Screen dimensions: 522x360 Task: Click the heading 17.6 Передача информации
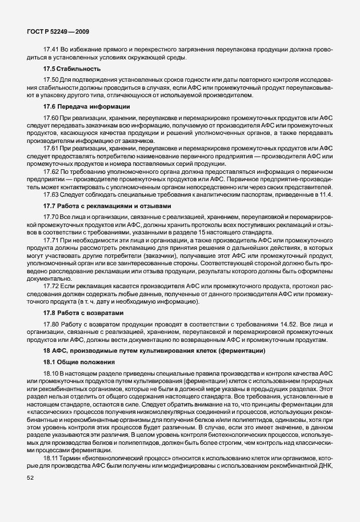click(81, 107)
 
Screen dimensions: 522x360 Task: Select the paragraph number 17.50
click(51, 80)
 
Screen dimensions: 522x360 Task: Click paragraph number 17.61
click(51, 148)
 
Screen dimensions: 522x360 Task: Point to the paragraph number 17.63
click(51, 195)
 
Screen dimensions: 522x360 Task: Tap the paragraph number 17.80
click(51, 325)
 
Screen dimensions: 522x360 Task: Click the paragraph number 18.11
click(51, 459)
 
